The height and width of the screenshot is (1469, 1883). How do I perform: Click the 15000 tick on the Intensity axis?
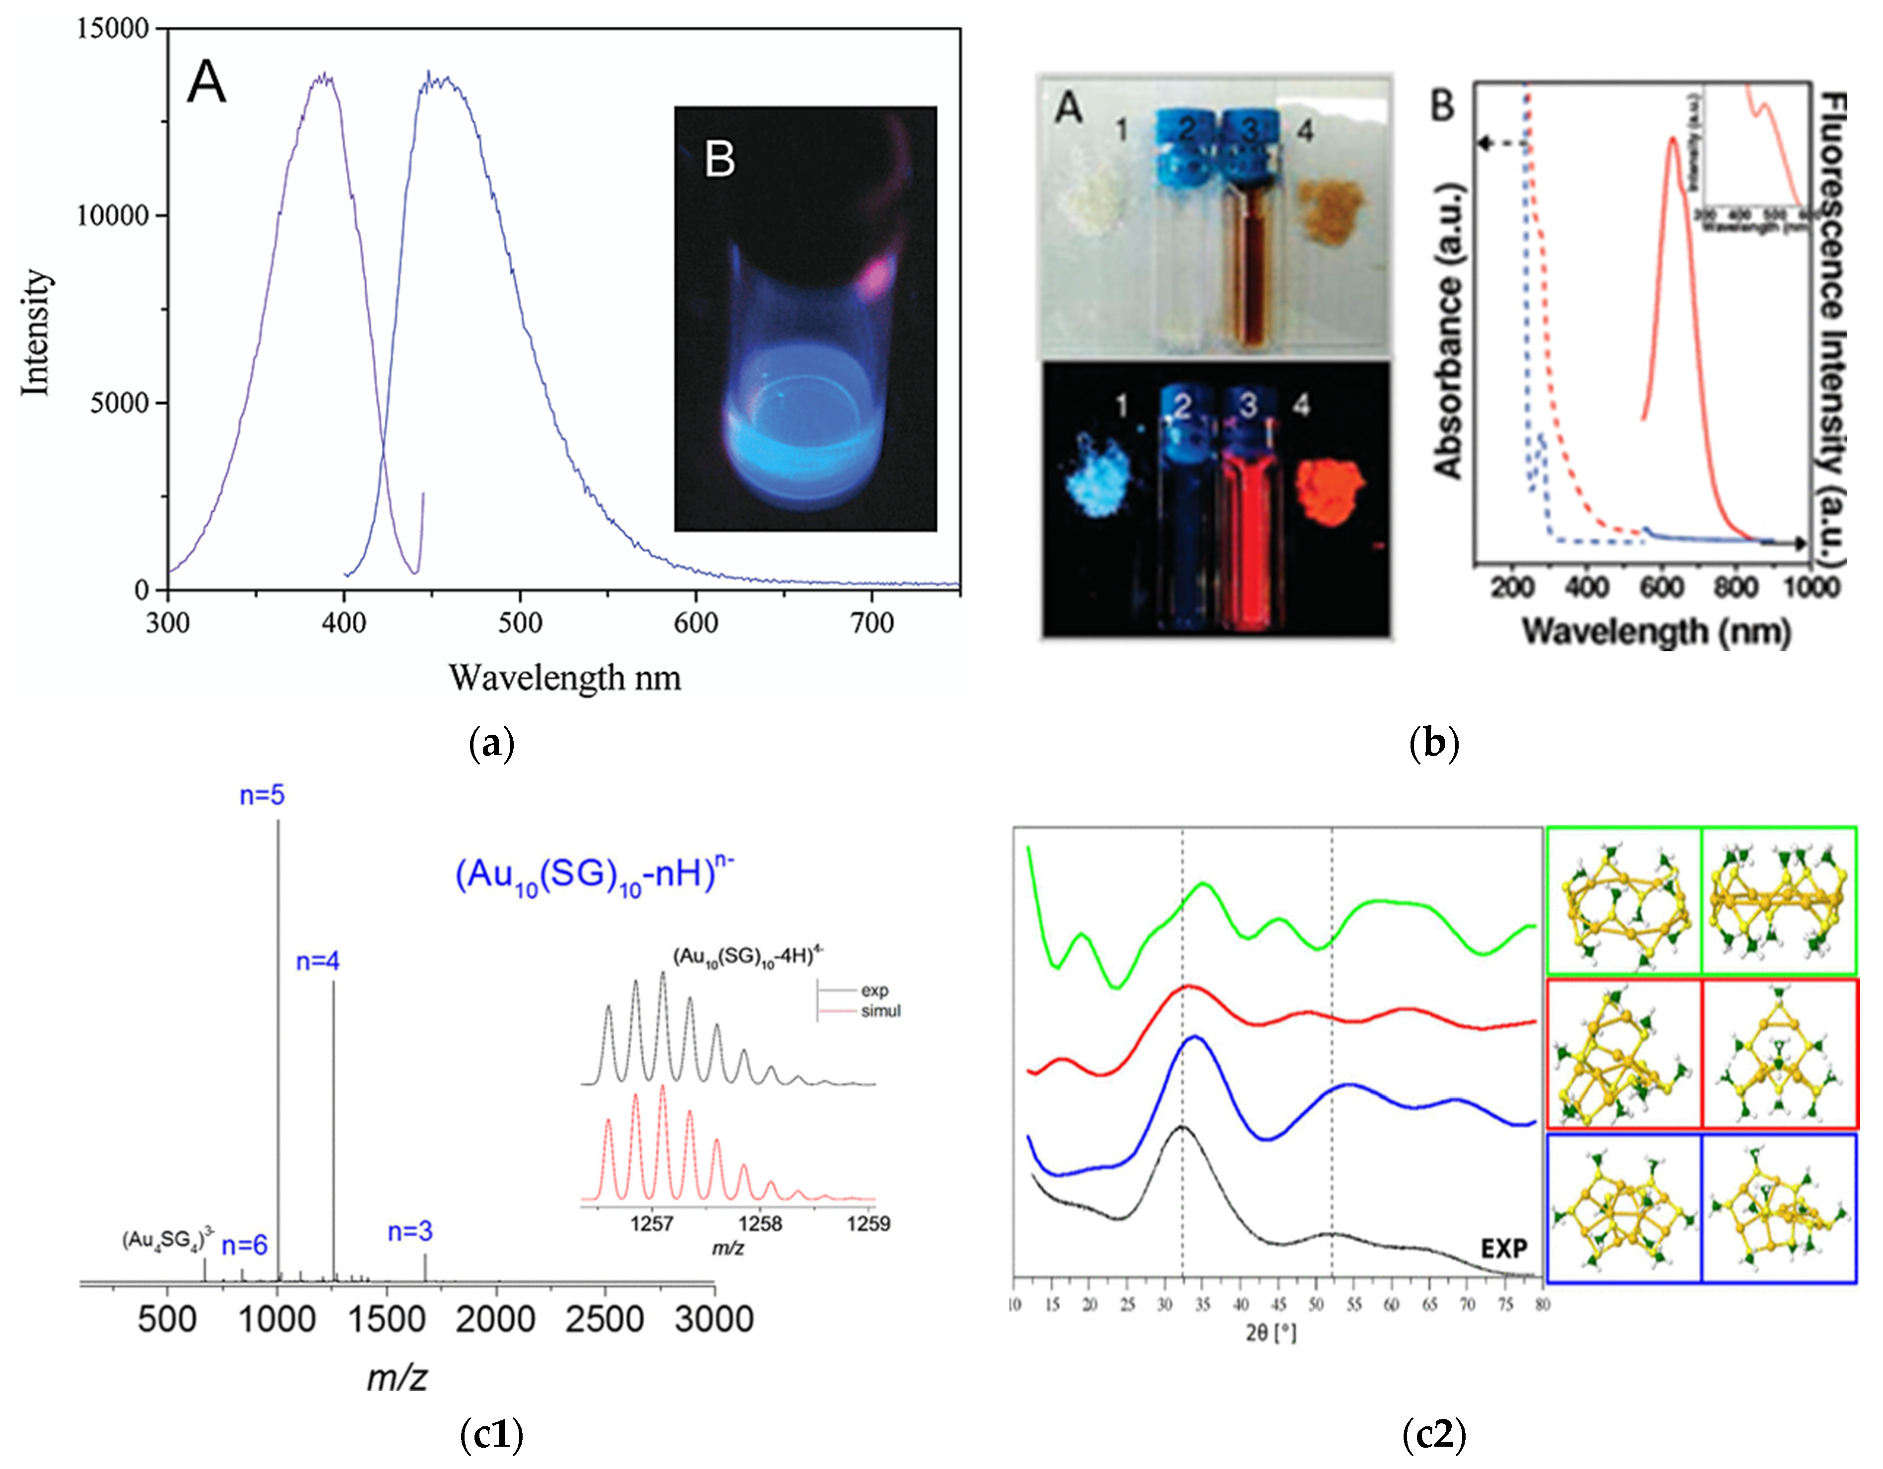[x=112, y=28]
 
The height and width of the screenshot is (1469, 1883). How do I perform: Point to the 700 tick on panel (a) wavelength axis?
[x=872, y=623]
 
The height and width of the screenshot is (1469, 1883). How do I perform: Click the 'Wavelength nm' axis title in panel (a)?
[x=565, y=678]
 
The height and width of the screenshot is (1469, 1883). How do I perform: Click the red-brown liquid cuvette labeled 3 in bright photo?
[x=1249, y=276]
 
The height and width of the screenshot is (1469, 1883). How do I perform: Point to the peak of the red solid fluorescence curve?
[x=1673, y=140]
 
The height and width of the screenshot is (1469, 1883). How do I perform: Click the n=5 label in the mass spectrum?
[x=262, y=795]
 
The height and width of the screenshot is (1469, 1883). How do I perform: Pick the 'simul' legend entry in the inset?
[x=880, y=1011]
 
